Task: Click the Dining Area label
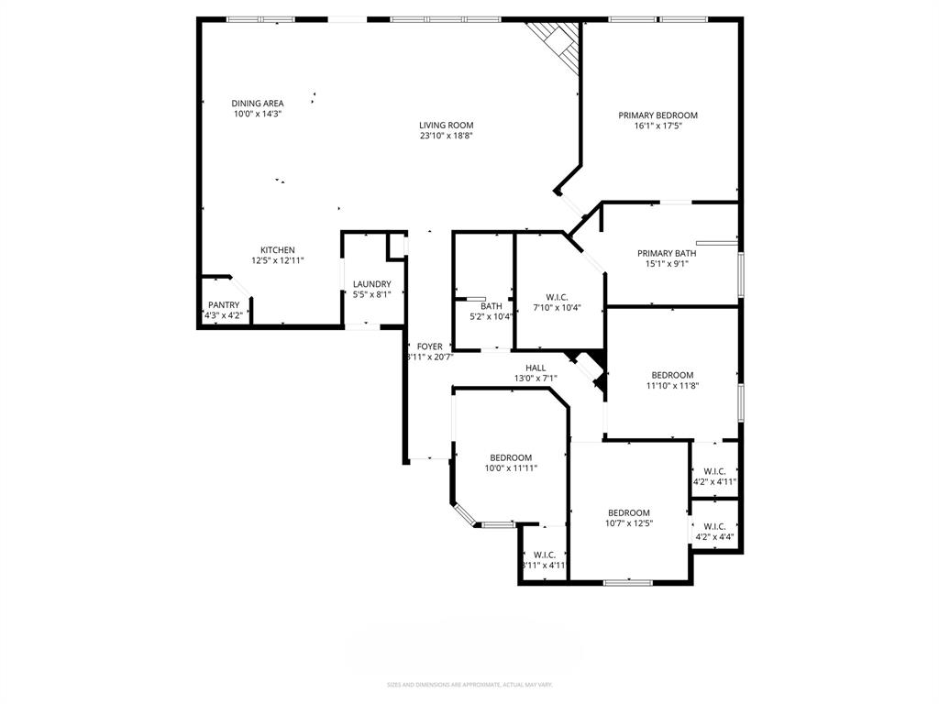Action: [x=257, y=104]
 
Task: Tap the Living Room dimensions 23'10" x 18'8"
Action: [x=446, y=136]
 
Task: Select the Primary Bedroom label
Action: [x=657, y=115]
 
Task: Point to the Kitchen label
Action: [x=277, y=250]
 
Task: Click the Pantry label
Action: [x=224, y=305]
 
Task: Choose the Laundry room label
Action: [x=371, y=284]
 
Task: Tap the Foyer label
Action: [x=429, y=346]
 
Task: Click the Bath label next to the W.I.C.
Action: [x=492, y=306]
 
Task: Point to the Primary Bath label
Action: [x=667, y=254]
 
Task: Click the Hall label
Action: [x=536, y=368]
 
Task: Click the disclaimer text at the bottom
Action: [x=469, y=685]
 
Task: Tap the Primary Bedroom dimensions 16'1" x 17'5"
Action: [x=657, y=126]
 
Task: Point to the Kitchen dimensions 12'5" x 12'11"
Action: [x=277, y=260]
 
